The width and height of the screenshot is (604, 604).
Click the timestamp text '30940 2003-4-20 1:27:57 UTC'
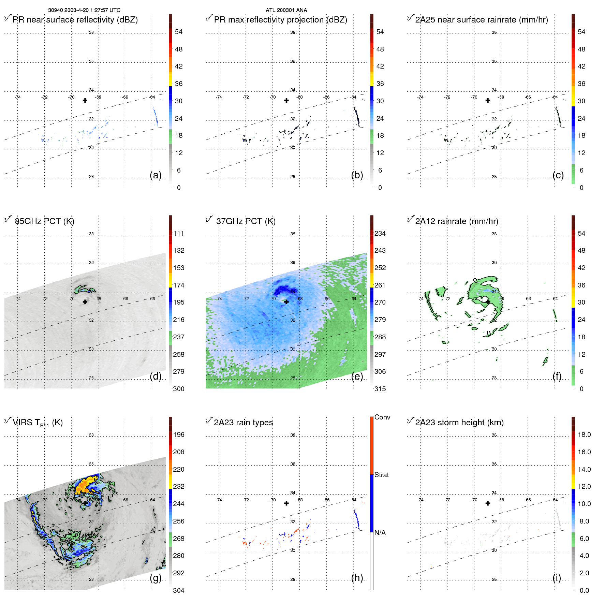(x=84, y=10)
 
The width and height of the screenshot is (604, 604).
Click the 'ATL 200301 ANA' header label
(x=286, y=10)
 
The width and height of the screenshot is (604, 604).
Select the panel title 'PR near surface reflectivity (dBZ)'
(x=75, y=20)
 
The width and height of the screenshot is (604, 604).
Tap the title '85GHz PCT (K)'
(x=44, y=221)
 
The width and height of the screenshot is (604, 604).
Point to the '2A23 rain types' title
(x=243, y=423)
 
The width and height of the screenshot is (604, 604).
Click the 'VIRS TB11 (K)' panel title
(x=38, y=423)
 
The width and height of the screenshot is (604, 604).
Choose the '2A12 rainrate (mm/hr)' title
(x=456, y=221)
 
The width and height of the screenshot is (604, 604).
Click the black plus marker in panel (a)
(x=85, y=100)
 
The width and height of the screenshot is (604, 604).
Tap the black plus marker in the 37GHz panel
(x=286, y=302)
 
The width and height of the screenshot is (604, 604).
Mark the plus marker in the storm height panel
(x=488, y=503)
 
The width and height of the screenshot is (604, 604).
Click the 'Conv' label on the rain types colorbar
(x=382, y=417)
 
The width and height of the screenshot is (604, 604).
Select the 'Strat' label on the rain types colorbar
(x=381, y=475)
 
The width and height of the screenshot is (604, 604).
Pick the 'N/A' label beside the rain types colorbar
(x=380, y=533)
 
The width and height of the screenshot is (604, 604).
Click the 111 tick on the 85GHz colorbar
(x=178, y=233)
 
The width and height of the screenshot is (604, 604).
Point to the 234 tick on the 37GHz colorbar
(x=380, y=233)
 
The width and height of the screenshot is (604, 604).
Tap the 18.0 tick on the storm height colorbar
(x=584, y=434)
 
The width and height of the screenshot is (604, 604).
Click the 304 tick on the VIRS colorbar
(x=178, y=590)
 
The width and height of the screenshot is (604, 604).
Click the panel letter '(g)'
(x=156, y=578)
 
